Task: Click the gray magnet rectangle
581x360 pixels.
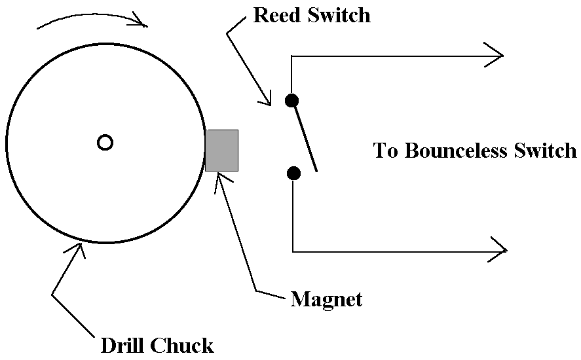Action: coord(222,151)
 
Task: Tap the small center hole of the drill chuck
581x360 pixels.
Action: coord(105,143)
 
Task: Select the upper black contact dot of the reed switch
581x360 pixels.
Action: coord(291,100)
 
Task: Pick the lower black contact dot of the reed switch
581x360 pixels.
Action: coord(293,173)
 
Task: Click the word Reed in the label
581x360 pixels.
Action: coord(278,15)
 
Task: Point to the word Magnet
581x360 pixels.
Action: coord(326,299)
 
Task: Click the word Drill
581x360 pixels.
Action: coord(122,345)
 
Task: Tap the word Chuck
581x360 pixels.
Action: coord(182,345)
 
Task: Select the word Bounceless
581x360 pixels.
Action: coord(456,151)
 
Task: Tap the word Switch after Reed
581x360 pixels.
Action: coord(339,15)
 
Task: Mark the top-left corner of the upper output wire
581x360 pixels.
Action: coord(291,56)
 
